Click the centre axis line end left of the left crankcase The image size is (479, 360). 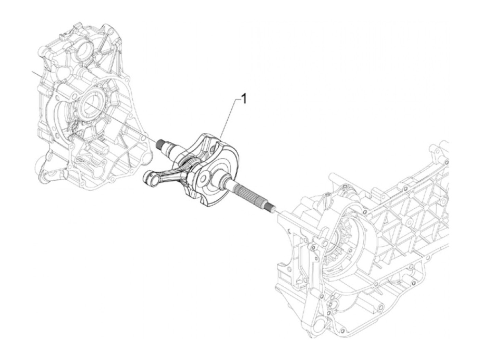coord(34,72)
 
